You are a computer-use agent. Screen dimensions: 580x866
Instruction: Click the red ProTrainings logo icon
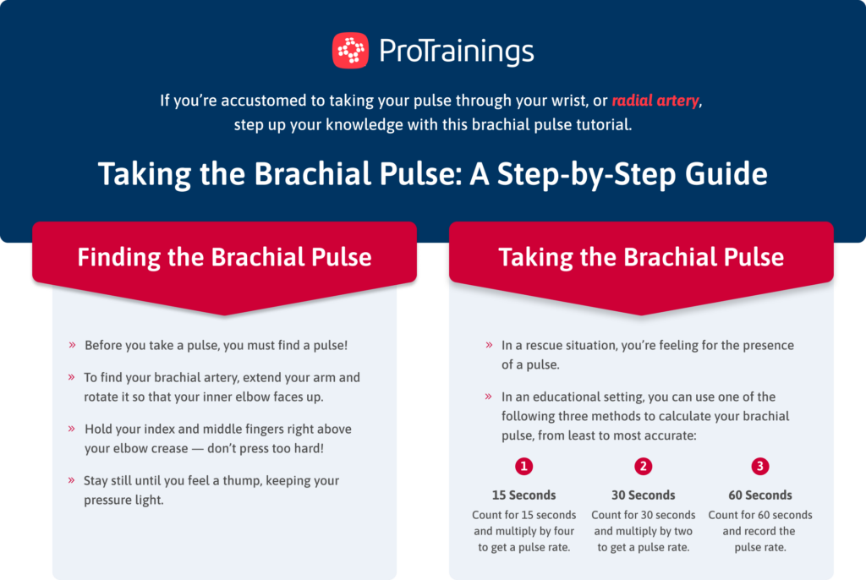click(x=350, y=50)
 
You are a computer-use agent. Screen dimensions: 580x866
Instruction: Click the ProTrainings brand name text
click(x=457, y=51)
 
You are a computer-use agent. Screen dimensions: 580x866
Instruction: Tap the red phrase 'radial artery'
click(x=655, y=101)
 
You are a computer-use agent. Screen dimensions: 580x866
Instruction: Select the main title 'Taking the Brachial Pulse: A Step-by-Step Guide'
click(x=433, y=174)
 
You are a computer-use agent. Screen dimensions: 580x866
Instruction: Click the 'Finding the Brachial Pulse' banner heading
click(x=224, y=257)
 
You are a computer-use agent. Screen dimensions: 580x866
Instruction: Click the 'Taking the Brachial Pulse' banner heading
click(x=640, y=257)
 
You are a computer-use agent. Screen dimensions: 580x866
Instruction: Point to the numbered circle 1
click(x=524, y=467)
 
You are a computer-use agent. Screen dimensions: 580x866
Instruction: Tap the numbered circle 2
click(x=644, y=467)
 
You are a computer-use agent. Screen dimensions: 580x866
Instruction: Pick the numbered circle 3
click(x=759, y=467)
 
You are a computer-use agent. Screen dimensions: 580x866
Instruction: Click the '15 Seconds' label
click(x=524, y=495)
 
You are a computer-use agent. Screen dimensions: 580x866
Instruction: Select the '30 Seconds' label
click(x=644, y=495)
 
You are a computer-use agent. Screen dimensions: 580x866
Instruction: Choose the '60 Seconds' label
click(x=760, y=495)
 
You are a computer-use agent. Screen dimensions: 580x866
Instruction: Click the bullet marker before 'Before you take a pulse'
click(x=72, y=345)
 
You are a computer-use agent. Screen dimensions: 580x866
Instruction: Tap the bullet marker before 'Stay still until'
click(x=72, y=480)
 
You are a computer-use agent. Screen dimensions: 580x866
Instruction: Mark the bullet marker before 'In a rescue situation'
click(x=489, y=345)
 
